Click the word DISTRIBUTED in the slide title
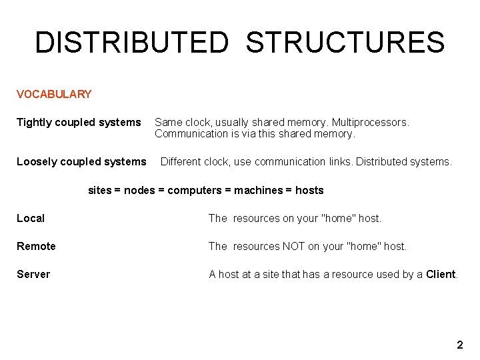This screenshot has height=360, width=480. (131, 43)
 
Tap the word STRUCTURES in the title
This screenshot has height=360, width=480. (345, 43)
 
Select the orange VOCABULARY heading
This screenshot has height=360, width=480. (54, 94)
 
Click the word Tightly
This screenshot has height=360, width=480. (34, 123)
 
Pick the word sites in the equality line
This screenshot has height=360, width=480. (100, 191)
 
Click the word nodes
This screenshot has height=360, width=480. (139, 191)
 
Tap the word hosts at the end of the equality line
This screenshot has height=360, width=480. (309, 191)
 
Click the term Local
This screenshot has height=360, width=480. (31, 219)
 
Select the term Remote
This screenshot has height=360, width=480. (37, 247)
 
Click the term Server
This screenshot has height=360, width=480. (33, 275)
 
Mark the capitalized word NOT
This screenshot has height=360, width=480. (293, 247)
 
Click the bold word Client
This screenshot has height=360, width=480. (441, 275)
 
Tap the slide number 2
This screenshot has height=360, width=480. (459, 345)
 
